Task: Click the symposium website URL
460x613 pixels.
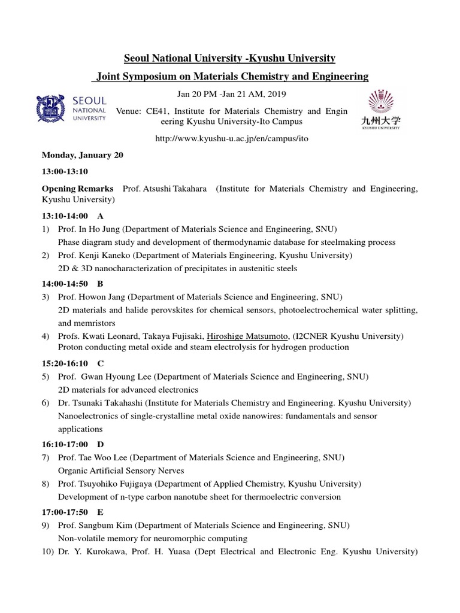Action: pos(232,138)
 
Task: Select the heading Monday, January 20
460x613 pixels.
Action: pos(82,155)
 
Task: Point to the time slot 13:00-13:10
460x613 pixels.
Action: pos(65,172)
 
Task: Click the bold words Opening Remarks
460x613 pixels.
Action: pos(77,189)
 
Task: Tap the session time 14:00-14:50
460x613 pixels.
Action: pos(65,283)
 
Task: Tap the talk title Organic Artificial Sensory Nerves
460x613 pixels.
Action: pos(121,471)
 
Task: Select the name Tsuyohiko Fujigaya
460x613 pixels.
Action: pos(109,484)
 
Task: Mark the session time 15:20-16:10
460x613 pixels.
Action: pos(65,363)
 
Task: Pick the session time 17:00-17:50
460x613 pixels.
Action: pos(65,512)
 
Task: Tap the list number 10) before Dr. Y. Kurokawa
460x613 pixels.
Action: pos(47,551)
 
